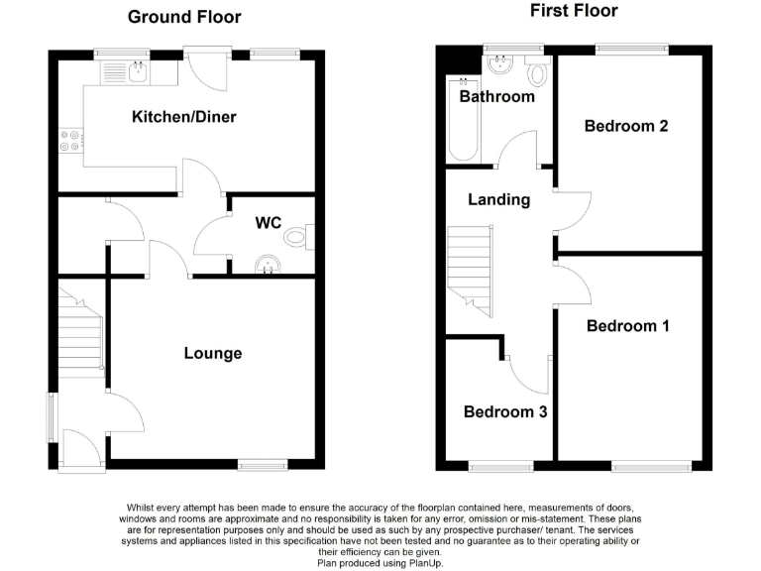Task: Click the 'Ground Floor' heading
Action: click(x=185, y=17)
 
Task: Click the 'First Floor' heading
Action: click(x=574, y=11)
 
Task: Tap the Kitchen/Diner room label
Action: click(x=184, y=117)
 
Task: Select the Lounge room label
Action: click(x=213, y=353)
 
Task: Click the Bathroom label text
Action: click(x=496, y=96)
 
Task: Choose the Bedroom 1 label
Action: click(x=627, y=326)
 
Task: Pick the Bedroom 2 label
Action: click(x=625, y=126)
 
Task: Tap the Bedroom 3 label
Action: click(x=505, y=411)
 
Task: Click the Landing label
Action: click(x=498, y=199)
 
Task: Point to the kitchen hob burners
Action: click(x=70, y=142)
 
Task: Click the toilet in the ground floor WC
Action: click(x=297, y=238)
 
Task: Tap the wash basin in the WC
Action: click(x=265, y=264)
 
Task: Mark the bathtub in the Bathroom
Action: click(x=463, y=121)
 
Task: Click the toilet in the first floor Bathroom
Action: click(x=538, y=71)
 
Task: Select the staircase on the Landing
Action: click(x=470, y=270)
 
